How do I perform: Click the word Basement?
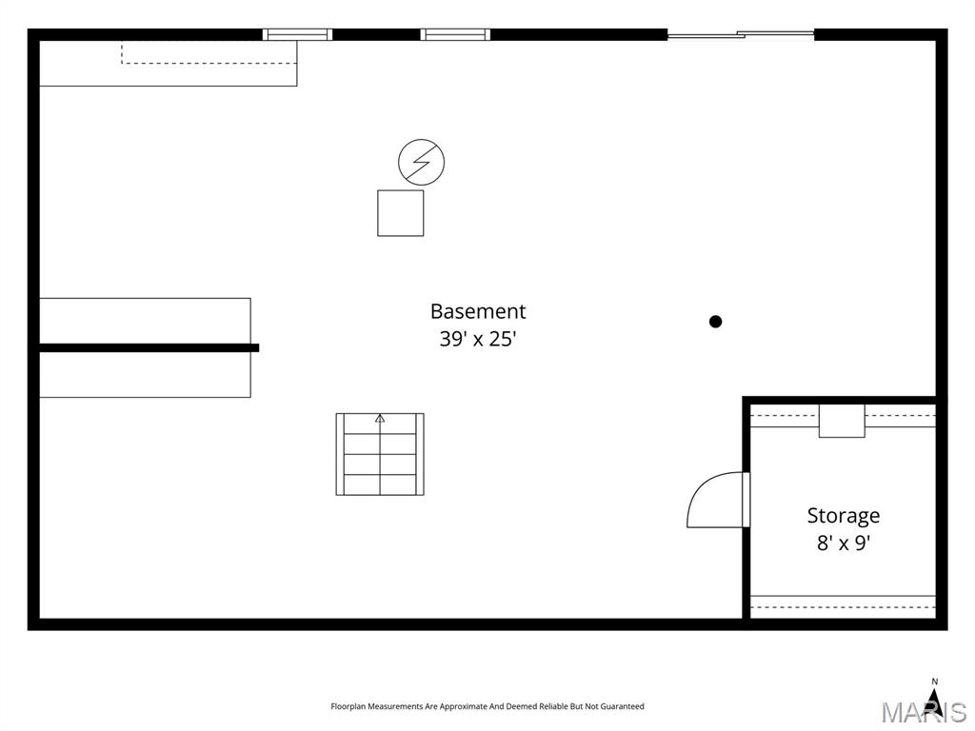coord(477,311)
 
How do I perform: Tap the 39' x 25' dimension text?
coord(477,339)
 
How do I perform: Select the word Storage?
coord(843,516)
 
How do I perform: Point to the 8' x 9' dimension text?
coord(843,543)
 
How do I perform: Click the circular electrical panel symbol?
coord(421,162)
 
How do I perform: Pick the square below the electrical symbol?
coord(400,213)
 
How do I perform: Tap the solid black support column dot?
coord(715,322)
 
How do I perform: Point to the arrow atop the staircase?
coord(380,418)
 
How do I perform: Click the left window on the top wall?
coord(297,35)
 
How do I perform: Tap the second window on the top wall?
coord(455,35)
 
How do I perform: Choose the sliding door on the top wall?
coord(740,35)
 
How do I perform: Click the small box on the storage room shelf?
coord(842,421)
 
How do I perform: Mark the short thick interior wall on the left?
coord(149,347)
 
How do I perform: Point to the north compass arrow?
coord(934,701)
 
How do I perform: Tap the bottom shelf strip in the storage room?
coord(843,603)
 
